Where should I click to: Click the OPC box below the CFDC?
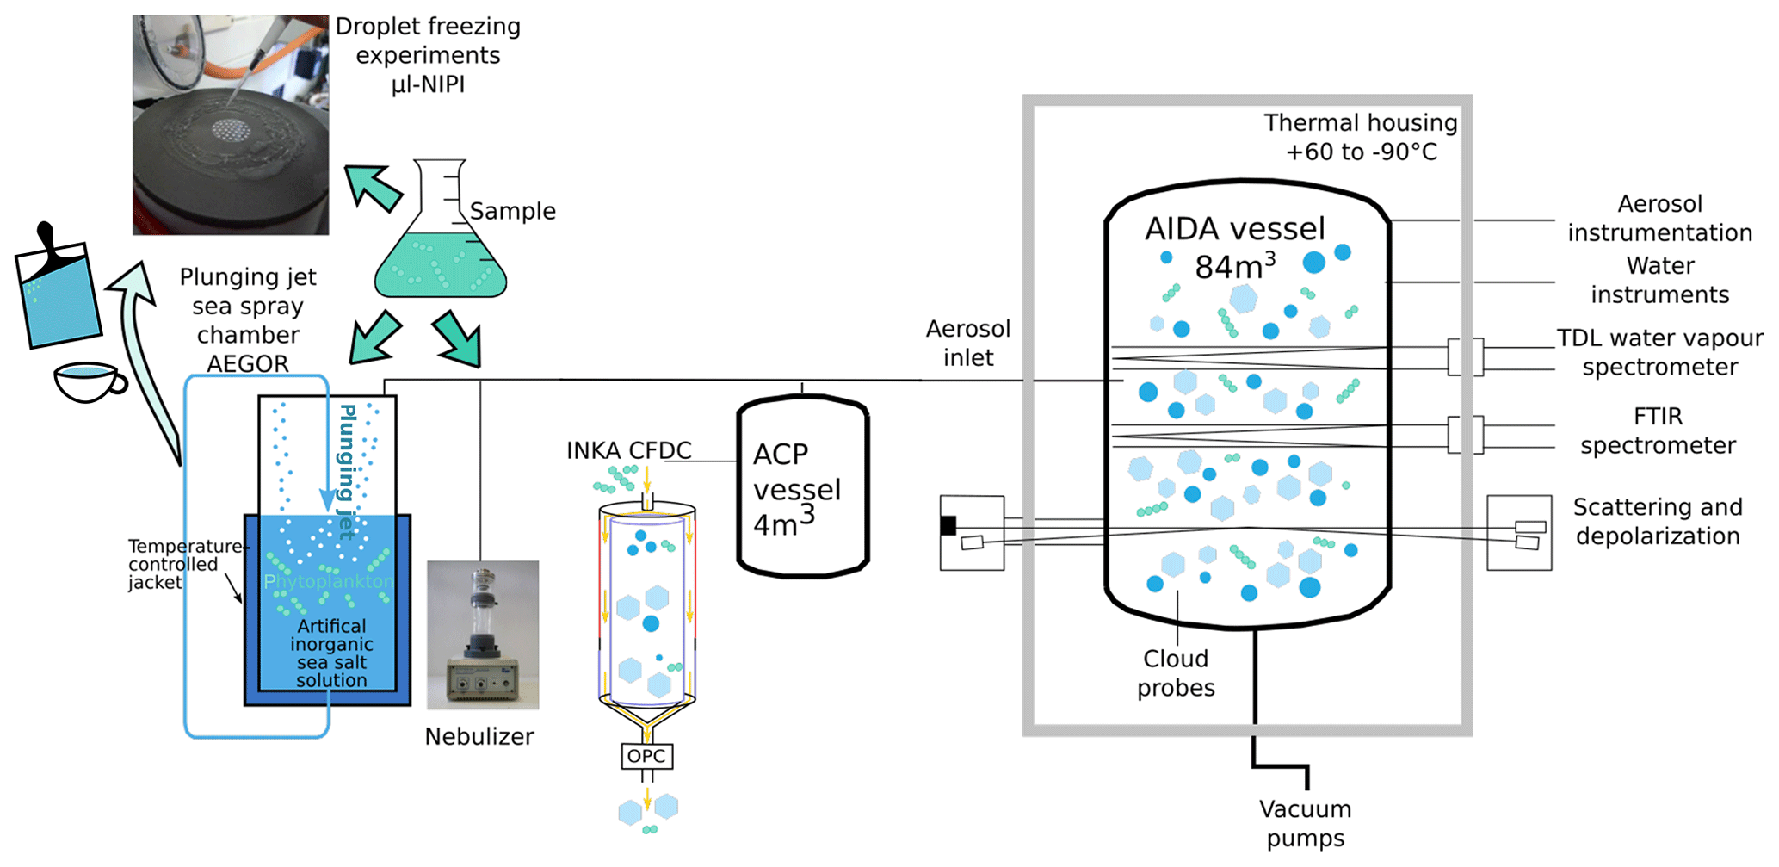pyautogui.click(x=646, y=757)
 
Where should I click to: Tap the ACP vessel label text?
pyautogui.click(x=796, y=489)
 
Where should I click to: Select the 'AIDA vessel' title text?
pyautogui.click(x=1234, y=229)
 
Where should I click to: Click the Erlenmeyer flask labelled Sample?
pyautogui.click(x=440, y=250)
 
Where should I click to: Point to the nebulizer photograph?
pyautogui.click(x=483, y=635)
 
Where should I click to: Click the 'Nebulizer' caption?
pyautogui.click(x=479, y=737)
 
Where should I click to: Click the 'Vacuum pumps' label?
pyautogui.click(x=1305, y=823)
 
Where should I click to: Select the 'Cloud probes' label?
pyautogui.click(x=1176, y=673)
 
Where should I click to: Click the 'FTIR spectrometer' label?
pyautogui.click(x=1658, y=430)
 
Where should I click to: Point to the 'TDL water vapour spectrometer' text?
pyautogui.click(x=1659, y=352)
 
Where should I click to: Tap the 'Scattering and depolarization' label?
pyautogui.click(x=1658, y=522)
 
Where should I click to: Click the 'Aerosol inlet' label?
pyautogui.click(x=968, y=343)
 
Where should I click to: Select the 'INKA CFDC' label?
pyautogui.click(x=628, y=450)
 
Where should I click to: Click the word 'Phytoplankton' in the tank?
pyautogui.click(x=328, y=581)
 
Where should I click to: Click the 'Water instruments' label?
pyautogui.click(x=1659, y=280)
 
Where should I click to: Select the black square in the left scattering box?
pyautogui.click(x=948, y=525)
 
